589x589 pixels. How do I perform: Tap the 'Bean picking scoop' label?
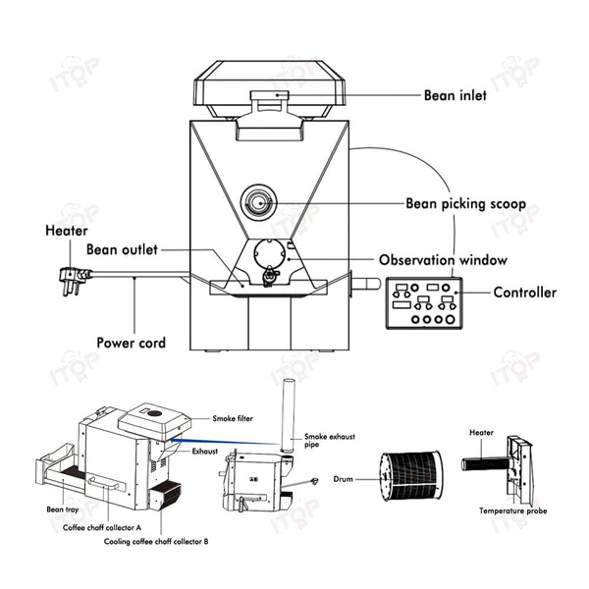(465, 204)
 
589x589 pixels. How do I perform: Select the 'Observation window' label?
(443, 260)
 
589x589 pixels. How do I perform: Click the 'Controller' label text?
(524, 292)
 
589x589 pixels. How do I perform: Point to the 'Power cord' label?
(131, 344)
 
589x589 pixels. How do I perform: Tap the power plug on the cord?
(75, 276)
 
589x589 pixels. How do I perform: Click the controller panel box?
(423, 303)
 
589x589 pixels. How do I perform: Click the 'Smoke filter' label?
(232, 418)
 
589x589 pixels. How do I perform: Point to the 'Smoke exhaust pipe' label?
(329, 439)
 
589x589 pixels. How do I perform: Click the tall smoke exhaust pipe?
(290, 412)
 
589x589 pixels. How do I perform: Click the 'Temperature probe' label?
(512, 511)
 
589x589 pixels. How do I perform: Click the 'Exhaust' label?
(204, 452)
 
